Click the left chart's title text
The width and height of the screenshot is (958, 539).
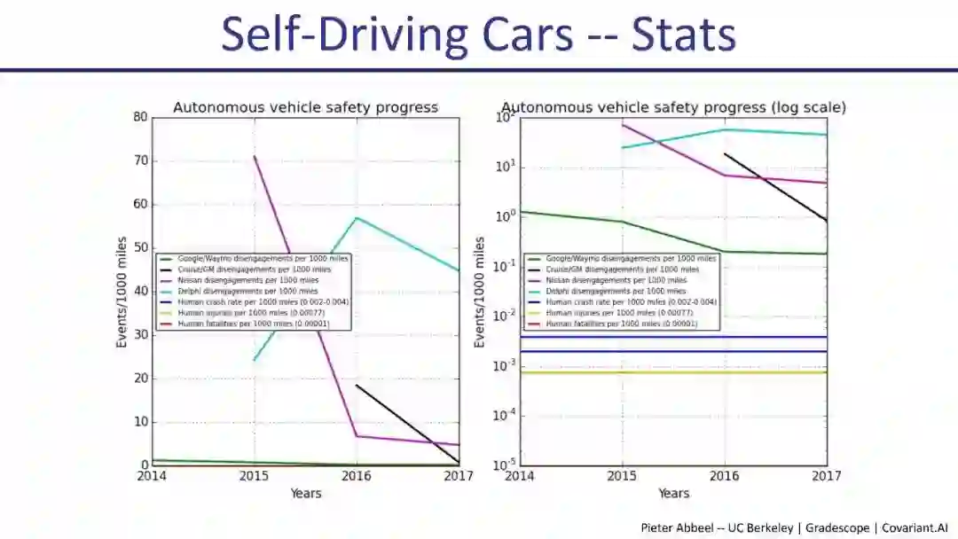[x=305, y=107]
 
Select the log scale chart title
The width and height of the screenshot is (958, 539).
[x=673, y=107]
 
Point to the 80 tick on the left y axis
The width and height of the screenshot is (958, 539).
[x=139, y=117]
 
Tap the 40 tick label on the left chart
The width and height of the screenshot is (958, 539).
[x=139, y=292]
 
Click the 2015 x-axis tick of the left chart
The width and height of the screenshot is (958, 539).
[x=255, y=476]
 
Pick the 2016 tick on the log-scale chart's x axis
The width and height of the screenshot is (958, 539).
[x=725, y=476]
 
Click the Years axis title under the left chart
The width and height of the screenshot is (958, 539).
[x=306, y=493]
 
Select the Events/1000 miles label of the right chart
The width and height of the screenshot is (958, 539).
[x=480, y=292]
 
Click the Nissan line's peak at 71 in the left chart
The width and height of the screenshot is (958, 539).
[x=255, y=156]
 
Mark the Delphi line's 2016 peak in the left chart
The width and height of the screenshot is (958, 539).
[x=357, y=217]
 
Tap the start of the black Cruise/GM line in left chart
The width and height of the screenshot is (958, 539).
[x=357, y=385]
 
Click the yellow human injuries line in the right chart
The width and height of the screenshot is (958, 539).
[x=674, y=372]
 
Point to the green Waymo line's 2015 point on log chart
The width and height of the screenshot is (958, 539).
[x=622, y=222]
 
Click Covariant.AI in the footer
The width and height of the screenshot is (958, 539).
[x=918, y=527]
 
